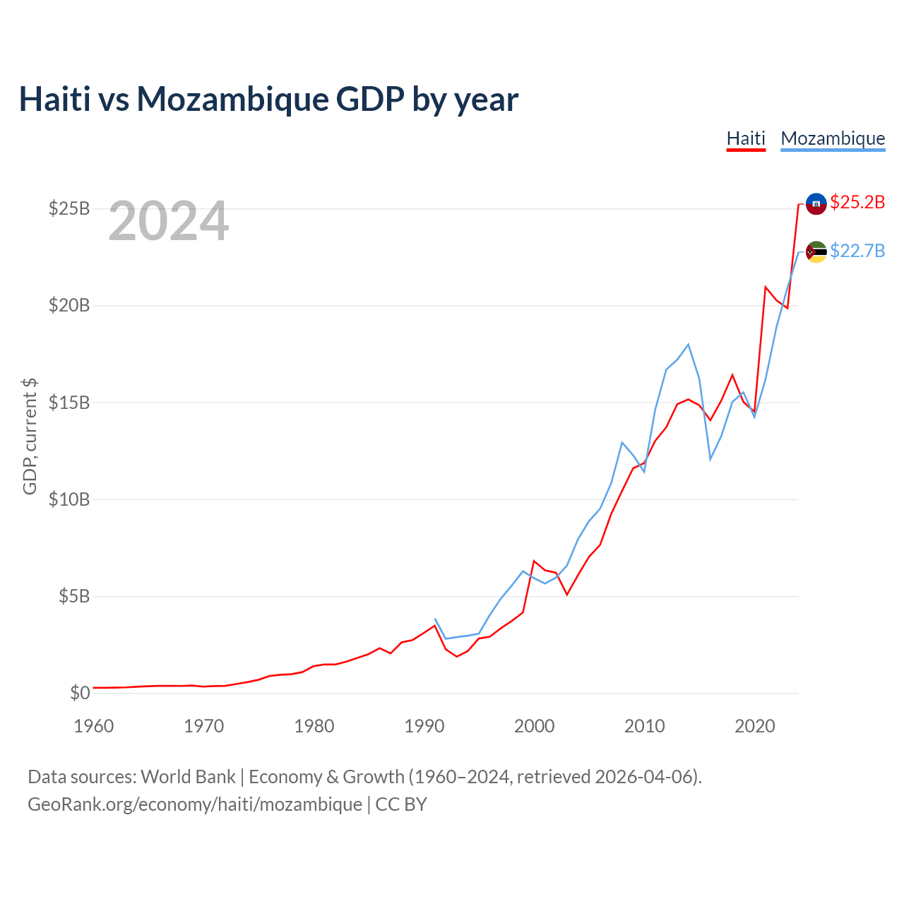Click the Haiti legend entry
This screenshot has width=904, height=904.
(746, 138)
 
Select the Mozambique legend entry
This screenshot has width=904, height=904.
(833, 138)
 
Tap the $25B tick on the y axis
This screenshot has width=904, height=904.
(69, 208)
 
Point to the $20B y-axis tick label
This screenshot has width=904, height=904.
(69, 305)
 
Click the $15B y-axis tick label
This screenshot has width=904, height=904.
(69, 403)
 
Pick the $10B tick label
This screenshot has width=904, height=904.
(69, 499)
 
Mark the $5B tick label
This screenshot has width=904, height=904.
(74, 596)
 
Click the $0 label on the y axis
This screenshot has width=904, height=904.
(80, 693)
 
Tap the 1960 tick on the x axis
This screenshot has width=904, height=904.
(94, 726)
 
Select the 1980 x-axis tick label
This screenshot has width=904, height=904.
(314, 726)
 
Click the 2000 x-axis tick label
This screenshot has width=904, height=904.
(535, 726)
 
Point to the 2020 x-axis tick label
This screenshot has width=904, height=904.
(755, 726)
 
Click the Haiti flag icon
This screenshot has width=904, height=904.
(816, 203)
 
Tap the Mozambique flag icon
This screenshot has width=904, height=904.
(816, 251)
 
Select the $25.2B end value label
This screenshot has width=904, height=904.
(857, 202)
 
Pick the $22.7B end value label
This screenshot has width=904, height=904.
(857, 251)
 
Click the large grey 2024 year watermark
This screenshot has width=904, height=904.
(169, 221)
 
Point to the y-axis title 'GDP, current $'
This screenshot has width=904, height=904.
(30, 436)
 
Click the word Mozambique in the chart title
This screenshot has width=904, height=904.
(232, 99)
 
